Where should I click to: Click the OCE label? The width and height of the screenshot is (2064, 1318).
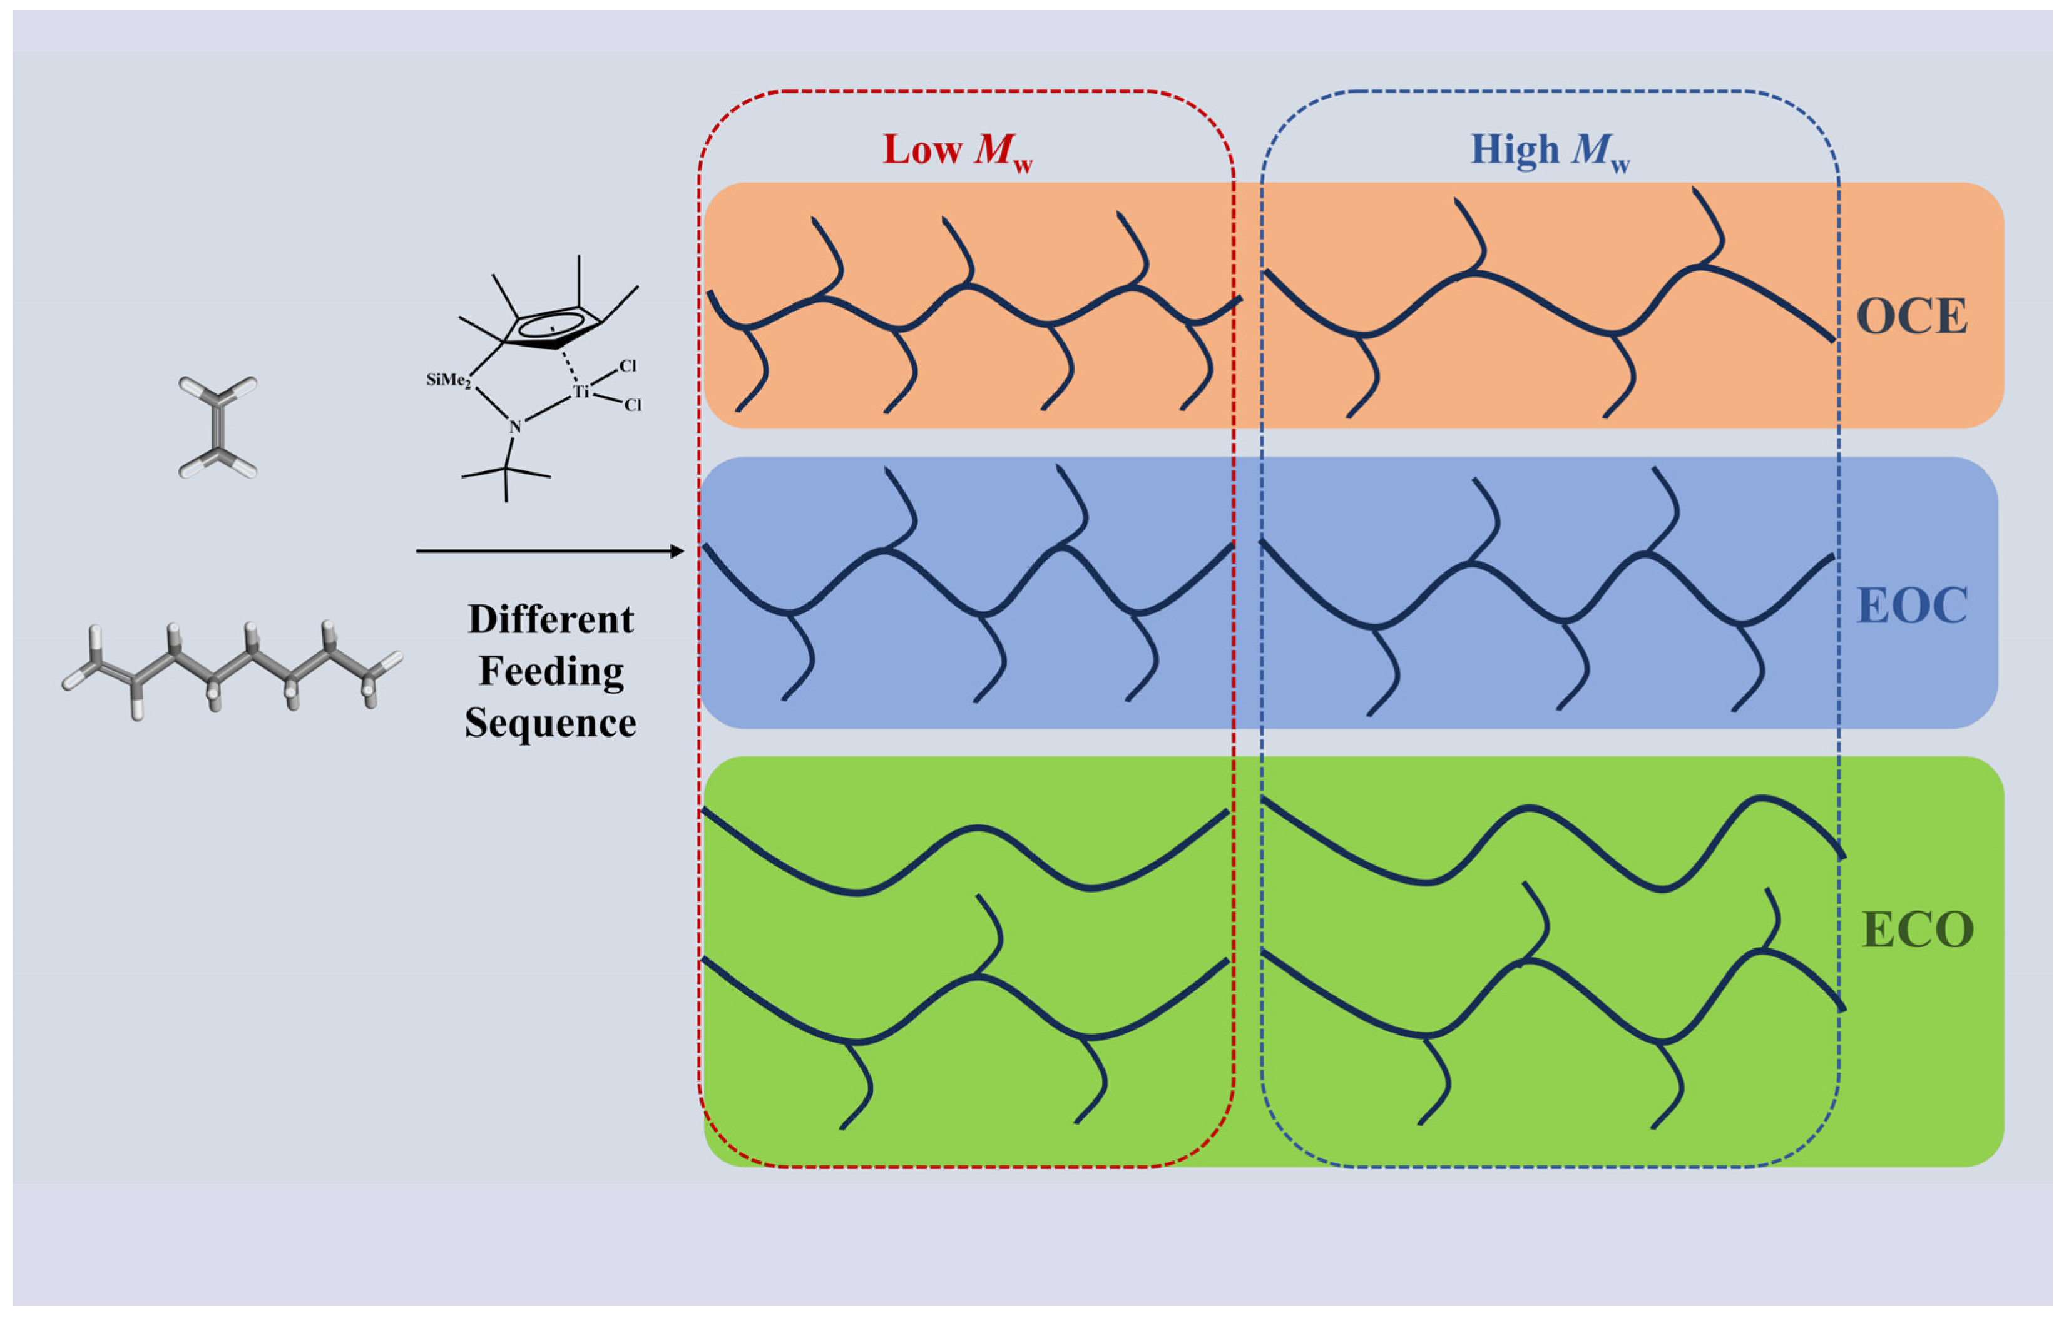[x=1911, y=317]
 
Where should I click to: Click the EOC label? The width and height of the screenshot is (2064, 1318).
[x=1911, y=606]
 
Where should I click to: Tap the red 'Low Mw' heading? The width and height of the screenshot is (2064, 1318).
[x=958, y=151]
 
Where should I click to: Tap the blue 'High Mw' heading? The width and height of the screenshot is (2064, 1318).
[x=1550, y=151]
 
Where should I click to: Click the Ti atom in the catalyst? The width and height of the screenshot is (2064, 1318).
[x=581, y=392]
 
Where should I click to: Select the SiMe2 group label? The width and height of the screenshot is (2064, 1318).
[x=448, y=380]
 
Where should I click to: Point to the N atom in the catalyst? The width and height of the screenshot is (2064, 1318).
[x=515, y=427]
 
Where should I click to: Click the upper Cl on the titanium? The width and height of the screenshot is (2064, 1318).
[x=628, y=366]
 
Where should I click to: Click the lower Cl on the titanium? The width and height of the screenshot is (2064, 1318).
[x=633, y=405]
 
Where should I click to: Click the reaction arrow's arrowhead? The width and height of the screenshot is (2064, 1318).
[x=677, y=551]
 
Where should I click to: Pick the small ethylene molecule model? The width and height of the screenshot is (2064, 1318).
[x=218, y=426]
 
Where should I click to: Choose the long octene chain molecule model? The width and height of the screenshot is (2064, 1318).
[x=232, y=670]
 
